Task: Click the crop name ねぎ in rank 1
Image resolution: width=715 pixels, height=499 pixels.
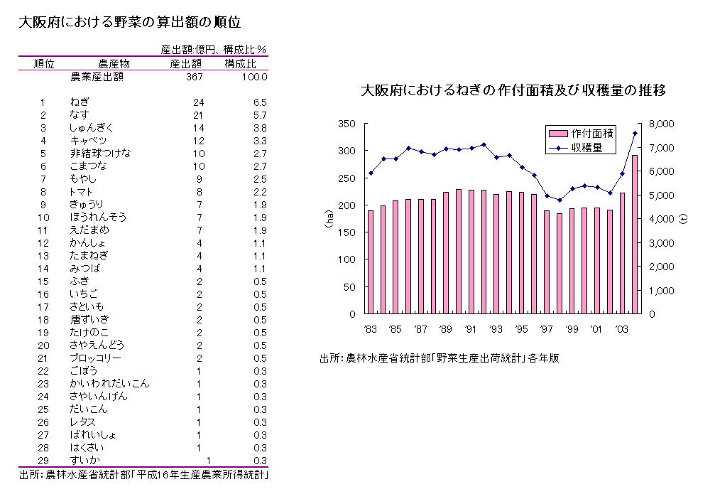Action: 80,102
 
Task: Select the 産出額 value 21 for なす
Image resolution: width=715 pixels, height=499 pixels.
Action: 198,114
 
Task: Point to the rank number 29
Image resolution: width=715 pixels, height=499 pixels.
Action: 43,461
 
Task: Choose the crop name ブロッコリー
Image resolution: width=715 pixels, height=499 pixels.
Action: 95,358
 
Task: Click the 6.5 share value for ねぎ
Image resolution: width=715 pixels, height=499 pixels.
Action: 259,102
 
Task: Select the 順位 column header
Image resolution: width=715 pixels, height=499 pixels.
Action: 44,64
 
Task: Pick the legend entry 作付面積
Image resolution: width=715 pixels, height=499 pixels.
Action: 592,133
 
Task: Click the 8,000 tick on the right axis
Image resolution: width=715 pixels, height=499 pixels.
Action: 662,124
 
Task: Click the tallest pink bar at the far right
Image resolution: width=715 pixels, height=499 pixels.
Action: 635,235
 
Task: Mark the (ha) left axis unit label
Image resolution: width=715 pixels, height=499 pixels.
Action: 329,218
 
